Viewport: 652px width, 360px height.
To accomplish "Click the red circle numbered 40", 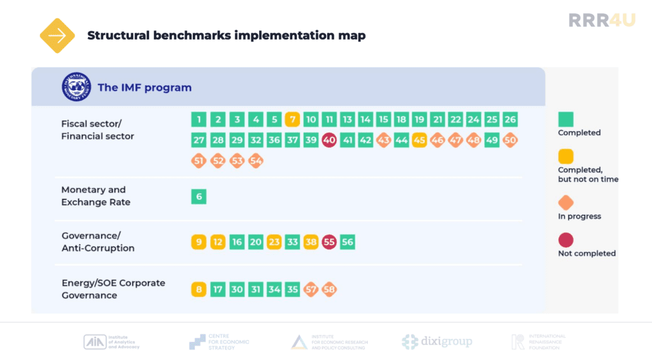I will [329, 141].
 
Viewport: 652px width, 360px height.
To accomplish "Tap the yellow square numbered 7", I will [292, 119].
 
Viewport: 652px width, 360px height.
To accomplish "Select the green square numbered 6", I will [199, 197].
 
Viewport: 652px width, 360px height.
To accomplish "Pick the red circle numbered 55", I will [329, 242].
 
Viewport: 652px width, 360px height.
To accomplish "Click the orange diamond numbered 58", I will [329, 290].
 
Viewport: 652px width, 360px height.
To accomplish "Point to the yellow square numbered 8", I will [199, 290].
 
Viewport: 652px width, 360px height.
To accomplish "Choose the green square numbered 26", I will [510, 119].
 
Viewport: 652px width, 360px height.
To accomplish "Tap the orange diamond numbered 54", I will [256, 161].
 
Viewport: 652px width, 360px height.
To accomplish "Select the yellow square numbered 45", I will [419, 141].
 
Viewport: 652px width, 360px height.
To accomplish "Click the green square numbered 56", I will [348, 242].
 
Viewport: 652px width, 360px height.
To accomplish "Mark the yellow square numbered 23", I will [274, 242].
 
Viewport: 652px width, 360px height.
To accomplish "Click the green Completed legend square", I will [565, 119].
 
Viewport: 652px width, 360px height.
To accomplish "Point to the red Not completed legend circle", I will [565, 240].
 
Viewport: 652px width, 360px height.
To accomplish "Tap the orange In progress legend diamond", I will [565, 203].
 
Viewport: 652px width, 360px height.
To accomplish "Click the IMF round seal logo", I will [76, 87].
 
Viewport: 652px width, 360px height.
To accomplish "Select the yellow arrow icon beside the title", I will [57, 35].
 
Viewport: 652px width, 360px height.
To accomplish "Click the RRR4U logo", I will [602, 20].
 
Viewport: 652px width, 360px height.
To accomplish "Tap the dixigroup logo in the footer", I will [437, 342].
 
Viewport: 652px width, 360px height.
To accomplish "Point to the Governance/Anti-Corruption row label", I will [98, 242].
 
